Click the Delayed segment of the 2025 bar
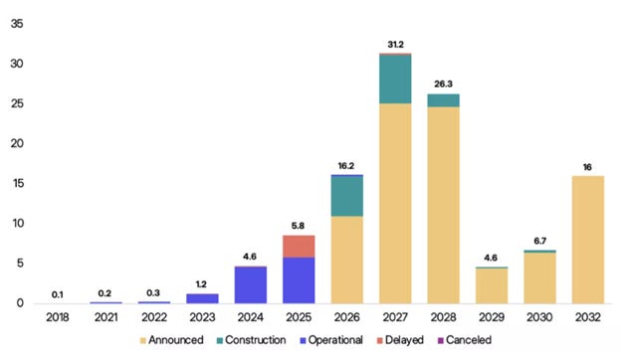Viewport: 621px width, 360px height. click(x=299, y=247)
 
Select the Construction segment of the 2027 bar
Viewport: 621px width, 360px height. click(x=395, y=80)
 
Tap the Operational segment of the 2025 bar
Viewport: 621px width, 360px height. click(x=299, y=280)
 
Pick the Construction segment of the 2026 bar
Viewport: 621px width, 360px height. click(x=347, y=196)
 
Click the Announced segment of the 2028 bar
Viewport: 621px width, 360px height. click(x=444, y=205)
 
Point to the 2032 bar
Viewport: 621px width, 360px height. click(x=588, y=240)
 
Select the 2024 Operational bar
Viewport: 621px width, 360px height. click(x=251, y=285)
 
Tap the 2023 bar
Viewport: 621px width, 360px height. click(x=202, y=298)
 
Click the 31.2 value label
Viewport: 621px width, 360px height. click(x=395, y=45)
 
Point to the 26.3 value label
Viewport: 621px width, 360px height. click(x=443, y=84)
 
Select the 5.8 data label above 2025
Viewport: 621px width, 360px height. click(x=298, y=226)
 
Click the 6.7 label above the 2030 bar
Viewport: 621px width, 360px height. click(x=539, y=241)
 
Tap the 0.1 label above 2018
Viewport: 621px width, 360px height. click(x=58, y=294)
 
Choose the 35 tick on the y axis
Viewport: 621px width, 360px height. click(x=17, y=24)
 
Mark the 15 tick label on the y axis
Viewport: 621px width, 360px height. click(x=18, y=183)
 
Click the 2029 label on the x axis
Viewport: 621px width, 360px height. click(x=492, y=317)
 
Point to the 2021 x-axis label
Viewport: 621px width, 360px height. click(x=105, y=317)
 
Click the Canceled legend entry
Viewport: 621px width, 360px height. click(x=464, y=340)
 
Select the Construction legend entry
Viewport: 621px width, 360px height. click(x=251, y=340)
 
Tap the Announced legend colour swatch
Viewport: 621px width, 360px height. click(x=143, y=341)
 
